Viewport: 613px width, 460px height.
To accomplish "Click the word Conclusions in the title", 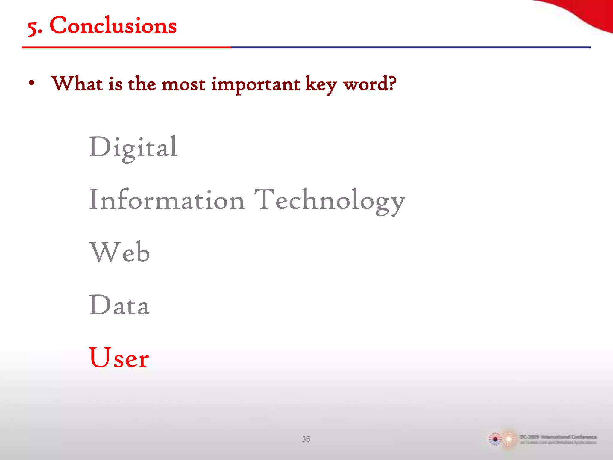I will coord(113,25).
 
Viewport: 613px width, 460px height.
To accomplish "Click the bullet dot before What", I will coord(31,84).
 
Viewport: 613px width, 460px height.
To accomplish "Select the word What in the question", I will coord(77,84).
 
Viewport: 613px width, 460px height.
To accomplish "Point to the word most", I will coord(183,84).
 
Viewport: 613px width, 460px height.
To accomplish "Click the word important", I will coord(255,85).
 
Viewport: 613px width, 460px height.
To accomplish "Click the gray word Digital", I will coord(133,147).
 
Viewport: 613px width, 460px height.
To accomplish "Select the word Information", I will coord(167,200).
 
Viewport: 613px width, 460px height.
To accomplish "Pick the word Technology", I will coord(329,201).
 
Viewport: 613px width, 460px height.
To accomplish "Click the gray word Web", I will coord(119,252).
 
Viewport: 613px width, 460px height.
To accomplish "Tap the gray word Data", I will coord(119,305).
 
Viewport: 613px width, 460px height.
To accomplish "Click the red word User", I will coord(119,358).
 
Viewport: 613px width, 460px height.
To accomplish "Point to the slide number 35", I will coord(306,439).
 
